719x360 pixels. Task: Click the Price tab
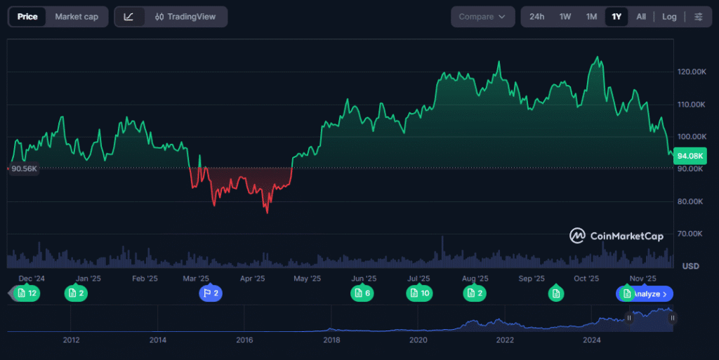tap(27, 17)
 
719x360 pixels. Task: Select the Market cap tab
tap(77, 17)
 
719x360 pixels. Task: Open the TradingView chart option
tap(186, 17)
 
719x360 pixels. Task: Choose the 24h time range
tap(536, 17)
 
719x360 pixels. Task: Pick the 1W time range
tap(565, 17)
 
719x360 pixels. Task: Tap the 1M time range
tap(592, 17)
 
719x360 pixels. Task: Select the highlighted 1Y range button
tap(616, 17)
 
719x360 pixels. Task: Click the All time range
tap(641, 17)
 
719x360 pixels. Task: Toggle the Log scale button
tap(669, 17)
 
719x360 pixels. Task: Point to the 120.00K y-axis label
tap(692, 72)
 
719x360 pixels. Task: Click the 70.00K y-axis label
tap(692, 234)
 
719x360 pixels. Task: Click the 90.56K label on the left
tap(23, 168)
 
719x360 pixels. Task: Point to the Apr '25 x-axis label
tap(253, 279)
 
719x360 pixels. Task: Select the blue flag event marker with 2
tap(211, 293)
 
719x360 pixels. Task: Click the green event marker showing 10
tap(419, 293)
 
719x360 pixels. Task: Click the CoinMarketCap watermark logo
tap(616, 236)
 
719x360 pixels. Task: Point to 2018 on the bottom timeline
tap(332, 340)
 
